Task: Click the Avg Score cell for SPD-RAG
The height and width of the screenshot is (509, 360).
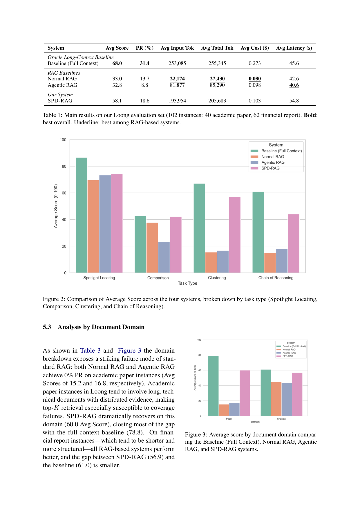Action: point(117,101)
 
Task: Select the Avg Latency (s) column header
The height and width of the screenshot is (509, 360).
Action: point(294,48)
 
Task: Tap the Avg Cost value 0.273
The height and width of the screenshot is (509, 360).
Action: point(254,63)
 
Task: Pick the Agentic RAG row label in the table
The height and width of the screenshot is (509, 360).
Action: point(62,85)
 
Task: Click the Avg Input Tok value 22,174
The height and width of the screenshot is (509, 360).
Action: point(177,79)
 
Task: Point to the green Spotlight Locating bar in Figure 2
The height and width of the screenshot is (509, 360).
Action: point(82,215)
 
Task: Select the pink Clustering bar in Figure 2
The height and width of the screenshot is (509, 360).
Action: point(235,235)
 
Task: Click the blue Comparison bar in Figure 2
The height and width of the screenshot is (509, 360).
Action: point(164,257)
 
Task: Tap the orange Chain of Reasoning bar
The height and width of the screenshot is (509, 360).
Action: point(270,263)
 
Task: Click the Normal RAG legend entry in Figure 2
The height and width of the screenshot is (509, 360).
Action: point(273,157)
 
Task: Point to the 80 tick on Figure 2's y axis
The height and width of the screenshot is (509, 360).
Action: point(64,166)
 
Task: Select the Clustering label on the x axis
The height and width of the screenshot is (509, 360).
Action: point(217,278)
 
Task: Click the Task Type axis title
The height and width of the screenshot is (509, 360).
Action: point(187,283)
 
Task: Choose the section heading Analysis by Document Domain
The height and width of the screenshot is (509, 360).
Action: point(101,327)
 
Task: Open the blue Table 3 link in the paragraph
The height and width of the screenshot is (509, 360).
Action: point(90,351)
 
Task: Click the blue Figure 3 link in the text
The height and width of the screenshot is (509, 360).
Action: point(129,351)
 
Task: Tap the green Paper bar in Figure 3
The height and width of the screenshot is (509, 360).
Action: point(214,386)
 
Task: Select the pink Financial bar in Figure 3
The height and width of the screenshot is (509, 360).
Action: point(297,394)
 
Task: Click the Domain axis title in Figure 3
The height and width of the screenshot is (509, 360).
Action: point(255,422)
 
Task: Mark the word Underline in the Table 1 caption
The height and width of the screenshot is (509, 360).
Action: point(86,122)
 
